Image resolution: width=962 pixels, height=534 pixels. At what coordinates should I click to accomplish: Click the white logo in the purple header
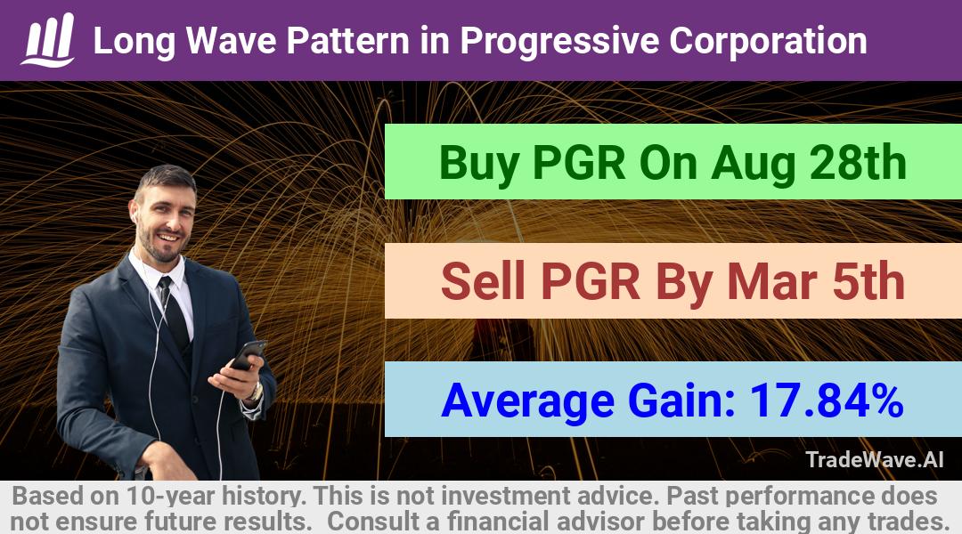click(x=48, y=40)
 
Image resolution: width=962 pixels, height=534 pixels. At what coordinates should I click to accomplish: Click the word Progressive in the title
click(x=559, y=42)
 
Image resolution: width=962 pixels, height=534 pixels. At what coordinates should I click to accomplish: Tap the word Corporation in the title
click(x=768, y=41)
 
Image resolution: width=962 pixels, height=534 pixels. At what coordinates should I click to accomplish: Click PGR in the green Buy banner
click(x=579, y=163)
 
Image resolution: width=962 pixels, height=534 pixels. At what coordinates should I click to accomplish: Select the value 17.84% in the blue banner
click(x=827, y=400)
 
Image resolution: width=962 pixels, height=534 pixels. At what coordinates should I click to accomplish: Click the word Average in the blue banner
click(x=527, y=401)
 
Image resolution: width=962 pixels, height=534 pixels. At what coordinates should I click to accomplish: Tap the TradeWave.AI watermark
click(x=875, y=459)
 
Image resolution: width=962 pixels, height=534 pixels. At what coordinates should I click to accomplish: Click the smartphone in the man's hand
click(x=248, y=355)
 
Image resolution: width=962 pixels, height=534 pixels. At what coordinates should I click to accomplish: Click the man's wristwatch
click(x=256, y=391)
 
